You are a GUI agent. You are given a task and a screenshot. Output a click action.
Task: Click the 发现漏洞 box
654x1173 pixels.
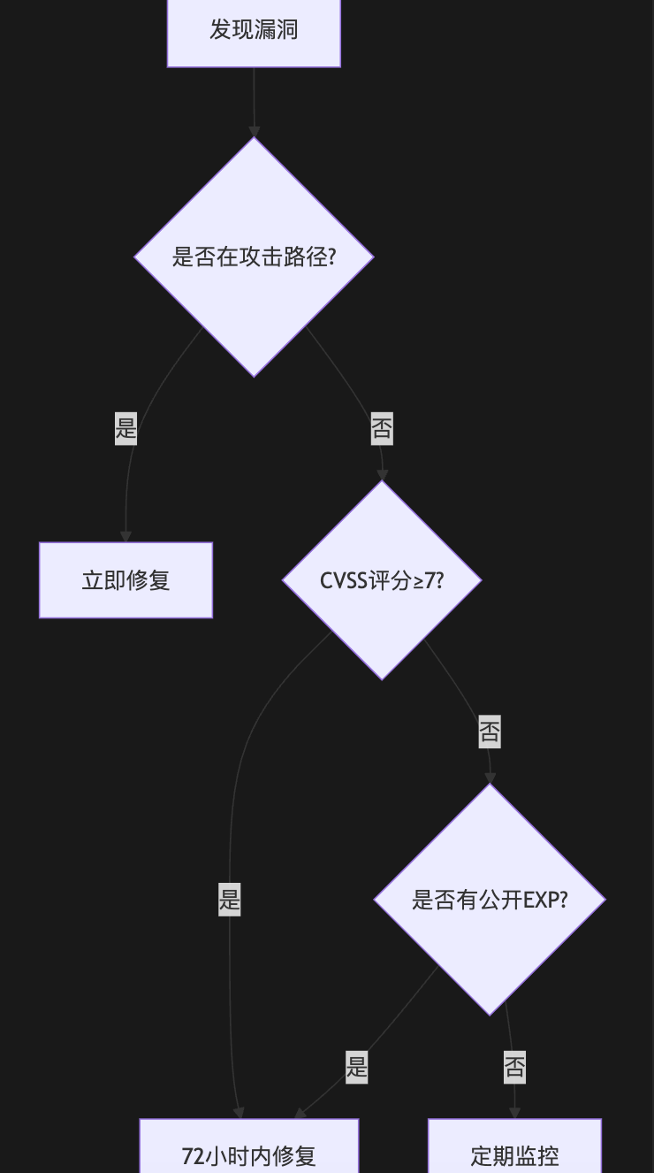pyautogui.click(x=254, y=30)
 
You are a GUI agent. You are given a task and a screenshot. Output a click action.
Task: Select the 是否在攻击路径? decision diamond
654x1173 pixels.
pyautogui.click(x=254, y=257)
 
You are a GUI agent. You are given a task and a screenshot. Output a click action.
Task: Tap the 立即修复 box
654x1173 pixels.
pyautogui.click(x=125, y=580)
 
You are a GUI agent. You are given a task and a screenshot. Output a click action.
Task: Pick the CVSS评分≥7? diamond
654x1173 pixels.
pyautogui.click(x=382, y=580)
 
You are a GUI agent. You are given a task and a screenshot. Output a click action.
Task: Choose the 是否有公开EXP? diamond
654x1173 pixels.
pyautogui.click(x=490, y=900)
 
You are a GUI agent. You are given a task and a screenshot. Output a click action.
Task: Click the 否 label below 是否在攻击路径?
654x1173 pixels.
pyautogui.click(x=382, y=429)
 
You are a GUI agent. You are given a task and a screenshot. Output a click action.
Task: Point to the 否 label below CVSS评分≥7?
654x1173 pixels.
pyautogui.click(x=490, y=732)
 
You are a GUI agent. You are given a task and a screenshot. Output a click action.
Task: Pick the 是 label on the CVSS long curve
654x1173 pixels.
pyautogui.click(x=230, y=901)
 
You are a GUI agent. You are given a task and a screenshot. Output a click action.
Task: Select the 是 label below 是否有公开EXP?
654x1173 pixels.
pyautogui.click(x=357, y=1066)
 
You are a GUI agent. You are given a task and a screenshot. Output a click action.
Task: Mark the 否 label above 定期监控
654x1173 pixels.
pyautogui.click(x=514, y=1066)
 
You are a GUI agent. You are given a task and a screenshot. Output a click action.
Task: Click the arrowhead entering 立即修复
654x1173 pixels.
pyautogui.click(x=125, y=536)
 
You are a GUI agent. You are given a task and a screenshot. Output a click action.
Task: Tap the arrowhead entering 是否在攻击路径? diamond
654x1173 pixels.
pyautogui.click(x=254, y=131)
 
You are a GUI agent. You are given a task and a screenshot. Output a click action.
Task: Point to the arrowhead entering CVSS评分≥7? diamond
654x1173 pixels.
pyautogui.click(x=383, y=475)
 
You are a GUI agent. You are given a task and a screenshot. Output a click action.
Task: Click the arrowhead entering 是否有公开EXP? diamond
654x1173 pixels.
pyautogui.click(x=490, y=778)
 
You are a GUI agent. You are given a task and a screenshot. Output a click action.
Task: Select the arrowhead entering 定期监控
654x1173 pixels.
pyautogui.click(x=514, y=1113)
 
